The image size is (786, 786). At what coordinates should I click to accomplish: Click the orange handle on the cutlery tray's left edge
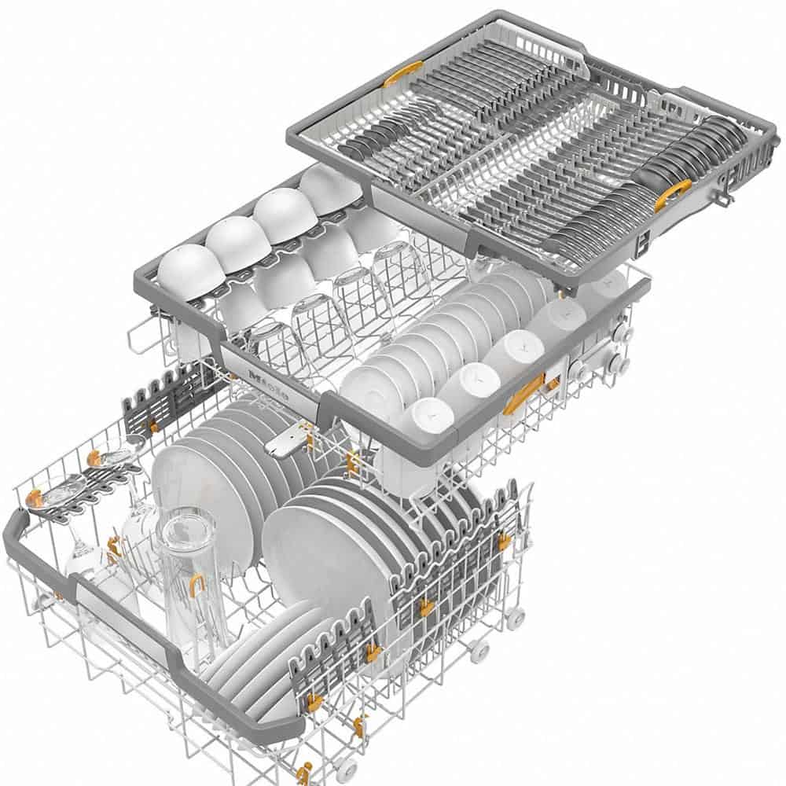tap(402, 74)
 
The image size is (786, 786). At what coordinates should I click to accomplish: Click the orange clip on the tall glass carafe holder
tap(196, 587)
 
